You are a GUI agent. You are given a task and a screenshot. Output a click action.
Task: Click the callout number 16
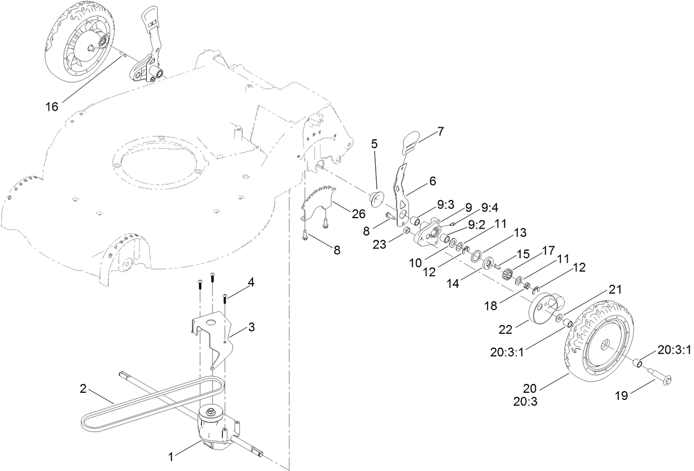coord(51,106)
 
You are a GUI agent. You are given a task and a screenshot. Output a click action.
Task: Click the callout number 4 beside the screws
coord(251,283)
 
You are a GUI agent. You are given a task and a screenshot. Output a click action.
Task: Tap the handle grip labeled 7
coord(410,142)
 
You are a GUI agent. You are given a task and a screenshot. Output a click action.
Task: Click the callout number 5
coord(374,144)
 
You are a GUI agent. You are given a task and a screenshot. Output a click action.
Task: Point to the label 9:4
coord(488,208)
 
